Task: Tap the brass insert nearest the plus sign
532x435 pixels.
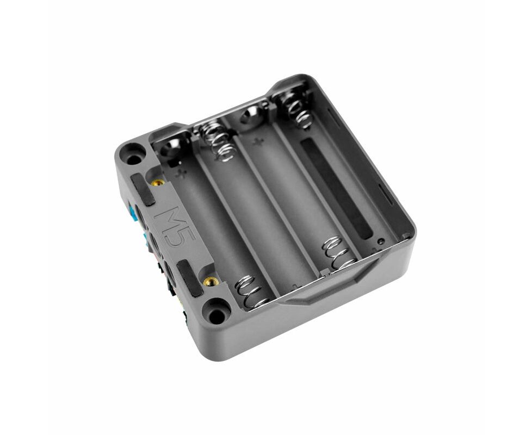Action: pos(158,183)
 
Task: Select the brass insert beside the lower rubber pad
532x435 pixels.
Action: pos(211,282)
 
